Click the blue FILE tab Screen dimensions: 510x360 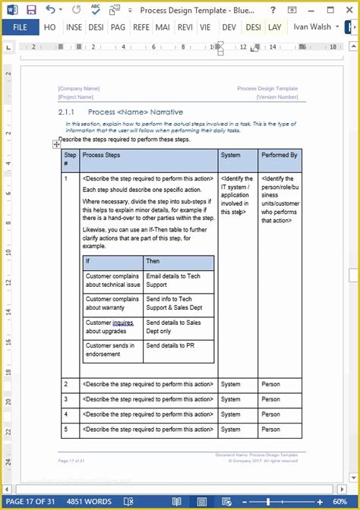pyautogui.click(x=20, y=27)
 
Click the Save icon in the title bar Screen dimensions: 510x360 pyautogui.click(x=30, y=10)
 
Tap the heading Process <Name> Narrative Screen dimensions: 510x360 pyautogui.click(x=141, y=112)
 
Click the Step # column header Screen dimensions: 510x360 pyautogui.click(x=70, y=159)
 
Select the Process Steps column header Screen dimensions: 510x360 pyautogui.click(x=101, y=155)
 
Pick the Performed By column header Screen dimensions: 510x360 pyautogui.click(x=279, y=155)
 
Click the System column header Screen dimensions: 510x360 pyautogui.click(x=230, y=155)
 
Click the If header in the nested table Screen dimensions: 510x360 pyautogui.click(x=89, y=261)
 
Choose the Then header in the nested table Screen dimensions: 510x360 pyautogui.click(x=153, y=261)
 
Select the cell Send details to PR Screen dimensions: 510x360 pyautogui.click(x=171, y=345)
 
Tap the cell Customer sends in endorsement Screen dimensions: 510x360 pyautogui.click(x=110, y=349)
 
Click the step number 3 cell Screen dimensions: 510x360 pyautogui.click(x=66, y=398)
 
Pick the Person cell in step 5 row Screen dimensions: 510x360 pyautogui.click(x=271, y=429)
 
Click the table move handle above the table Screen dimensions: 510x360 pyautogui.click(x=57, y=143)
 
